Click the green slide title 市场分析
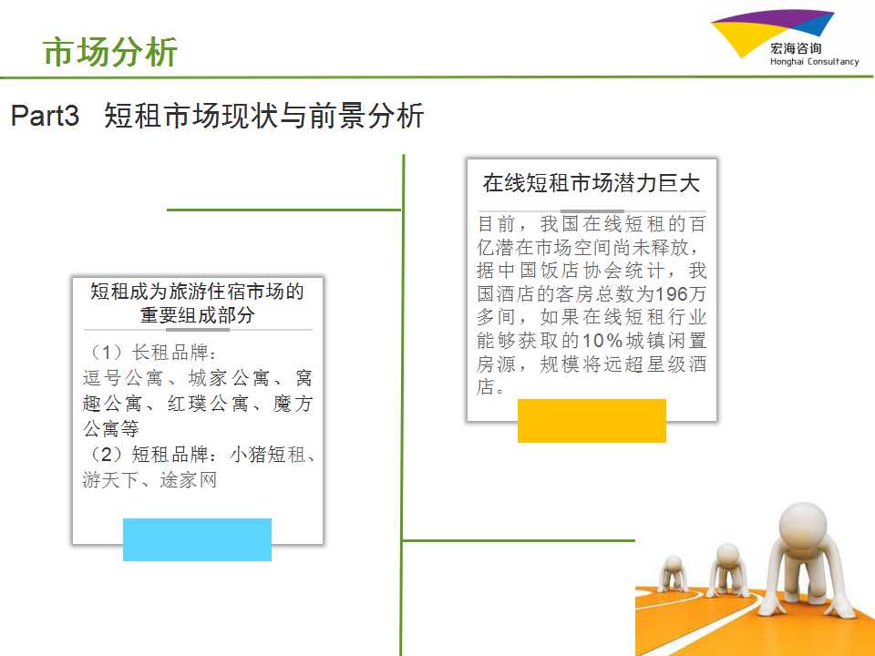coord(110,52)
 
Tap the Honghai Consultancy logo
coord(785,38)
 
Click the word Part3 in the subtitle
coord(45,116)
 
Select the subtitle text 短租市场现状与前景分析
coord(264,116)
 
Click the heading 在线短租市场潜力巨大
coord(592,183)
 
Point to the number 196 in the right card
coord(673,293)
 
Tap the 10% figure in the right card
coord(602,340)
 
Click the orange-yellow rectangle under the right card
coord(592,421)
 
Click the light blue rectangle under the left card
coord(197,539)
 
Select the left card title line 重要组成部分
coord(198,315)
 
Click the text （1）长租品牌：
coord(150,352)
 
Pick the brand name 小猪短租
coord(267,454)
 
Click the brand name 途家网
coord(188,479)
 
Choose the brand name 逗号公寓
coord(123,377)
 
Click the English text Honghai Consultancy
coord(814,61)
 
